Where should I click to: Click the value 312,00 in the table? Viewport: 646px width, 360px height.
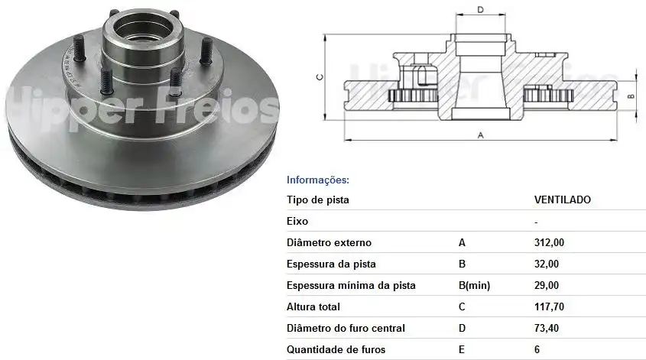pyautogui.click(x=549, y=243)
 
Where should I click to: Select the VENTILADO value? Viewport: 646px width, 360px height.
pyautogui.click(x=562, y=200)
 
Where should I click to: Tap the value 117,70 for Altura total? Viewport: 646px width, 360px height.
pyautogui.click(x=549, y=307)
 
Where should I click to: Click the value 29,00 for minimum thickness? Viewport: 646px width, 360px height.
pyautogui.click(x=546, y=286)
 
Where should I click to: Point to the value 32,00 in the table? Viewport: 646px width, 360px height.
pyautogui.click(x=546, y=264)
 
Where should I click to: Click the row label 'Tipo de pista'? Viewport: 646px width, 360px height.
pyautogui.click(x=317, y=200)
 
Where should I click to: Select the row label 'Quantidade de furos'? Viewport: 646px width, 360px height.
pyautogui.click(x=336, y=350)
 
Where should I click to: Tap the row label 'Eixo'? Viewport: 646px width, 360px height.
pyautogui.click(x=297, y=222)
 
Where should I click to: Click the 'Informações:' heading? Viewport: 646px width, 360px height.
pyautogui.click(x=317, y=180)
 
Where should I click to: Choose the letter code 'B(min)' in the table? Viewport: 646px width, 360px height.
pyautogui.click(x=474, y=286)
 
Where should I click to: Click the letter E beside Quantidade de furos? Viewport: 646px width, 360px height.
pyautogui.click(x=462, y=350)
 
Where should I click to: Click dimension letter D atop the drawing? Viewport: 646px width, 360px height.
pyautogui.click(x=480, y=10)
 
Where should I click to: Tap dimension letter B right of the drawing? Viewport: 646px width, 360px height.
pyautogui.click(x=631, y=96)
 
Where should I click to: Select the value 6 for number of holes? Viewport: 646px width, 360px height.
pyautogui.click(x=537, y=350)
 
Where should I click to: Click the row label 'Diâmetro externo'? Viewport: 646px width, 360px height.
pyautogui.click(x=329, y=243)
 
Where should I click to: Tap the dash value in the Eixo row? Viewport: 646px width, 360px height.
pyautogui.click(x=536, y=222)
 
